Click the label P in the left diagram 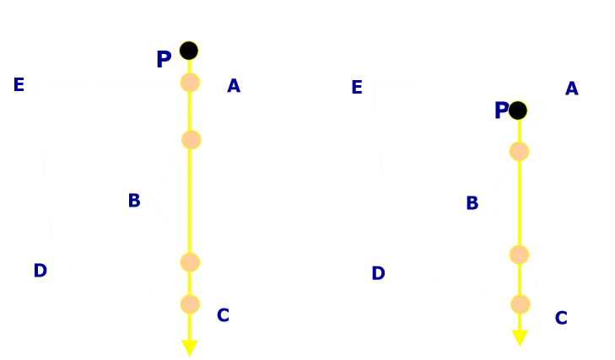(x=164, y=60)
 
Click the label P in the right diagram (x=501, y=110)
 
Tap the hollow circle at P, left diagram (x=189, y=51)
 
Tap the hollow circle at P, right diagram (x=518, y=110)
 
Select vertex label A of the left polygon (x=234, y=86)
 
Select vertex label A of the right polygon (x=571, y=89)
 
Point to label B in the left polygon (x=134, y=201)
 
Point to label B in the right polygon (x=472, y=203)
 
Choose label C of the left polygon (x=223, y=316)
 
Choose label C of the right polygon (x=560, y=319)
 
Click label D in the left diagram (x=40, y=271)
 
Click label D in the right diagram (x=378, y=273)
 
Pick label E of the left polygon (x=19, y=84)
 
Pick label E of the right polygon (x=356, y=88)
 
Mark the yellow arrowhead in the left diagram (x=190, y=347)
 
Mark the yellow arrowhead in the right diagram (x=520, y=338)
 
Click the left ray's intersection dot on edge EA (x=190, y=83)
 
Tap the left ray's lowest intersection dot (x=190, y=304)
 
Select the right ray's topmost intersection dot (x=519, y=152)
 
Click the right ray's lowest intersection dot (x=520, y=304)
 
